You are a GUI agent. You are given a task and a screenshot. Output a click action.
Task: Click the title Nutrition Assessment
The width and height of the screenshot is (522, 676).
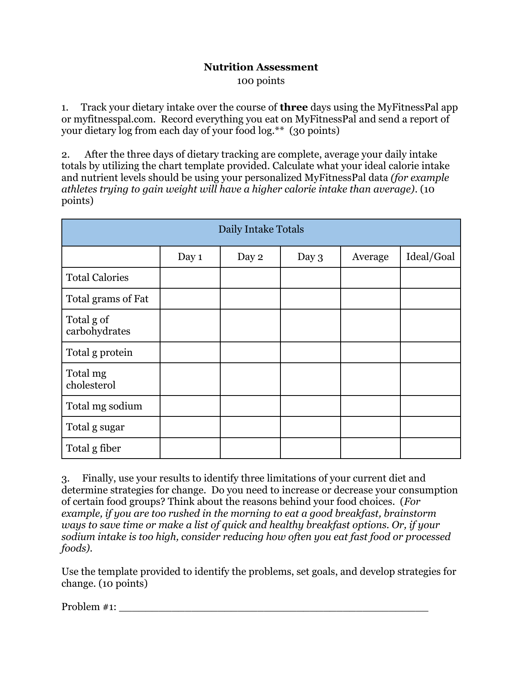coord(261,67)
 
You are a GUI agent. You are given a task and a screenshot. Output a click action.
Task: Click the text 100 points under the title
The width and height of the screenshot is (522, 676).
coord(261,81)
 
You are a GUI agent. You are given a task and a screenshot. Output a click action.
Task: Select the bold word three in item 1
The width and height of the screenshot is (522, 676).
coord(294,107)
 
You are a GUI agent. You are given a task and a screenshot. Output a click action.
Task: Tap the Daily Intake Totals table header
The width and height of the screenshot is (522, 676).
coord(261,229)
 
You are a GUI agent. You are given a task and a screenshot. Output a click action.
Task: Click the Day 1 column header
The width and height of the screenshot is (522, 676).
coord(190,257)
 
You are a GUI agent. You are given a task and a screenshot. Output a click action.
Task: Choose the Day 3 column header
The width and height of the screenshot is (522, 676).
coord(310,257)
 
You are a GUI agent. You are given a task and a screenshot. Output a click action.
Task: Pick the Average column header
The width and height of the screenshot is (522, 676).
coord(370,257)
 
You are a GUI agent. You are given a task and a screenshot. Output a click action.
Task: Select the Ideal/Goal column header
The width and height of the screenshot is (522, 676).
coord(430,257)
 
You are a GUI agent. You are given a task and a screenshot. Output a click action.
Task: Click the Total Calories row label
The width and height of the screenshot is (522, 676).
coord(97,278)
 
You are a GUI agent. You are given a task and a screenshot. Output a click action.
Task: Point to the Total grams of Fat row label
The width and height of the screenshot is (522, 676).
coord(107,299)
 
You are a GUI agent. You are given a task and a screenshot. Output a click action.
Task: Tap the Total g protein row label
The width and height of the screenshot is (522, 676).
coord(99,353)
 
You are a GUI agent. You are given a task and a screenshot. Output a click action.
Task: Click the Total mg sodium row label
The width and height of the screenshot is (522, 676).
coord(104,406)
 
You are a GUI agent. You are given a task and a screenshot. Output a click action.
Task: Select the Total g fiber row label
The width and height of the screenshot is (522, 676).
coord(93,448)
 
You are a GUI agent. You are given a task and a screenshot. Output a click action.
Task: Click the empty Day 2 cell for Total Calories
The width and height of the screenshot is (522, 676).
coord(250,278)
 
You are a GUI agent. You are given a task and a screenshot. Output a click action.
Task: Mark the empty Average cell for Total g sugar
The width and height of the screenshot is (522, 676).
coord(370,427)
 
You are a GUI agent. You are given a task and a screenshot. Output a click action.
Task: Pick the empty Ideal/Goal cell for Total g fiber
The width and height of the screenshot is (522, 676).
coord(430,448)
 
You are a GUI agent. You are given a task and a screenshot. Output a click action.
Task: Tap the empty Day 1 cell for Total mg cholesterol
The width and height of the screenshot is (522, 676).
coord(190,379)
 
